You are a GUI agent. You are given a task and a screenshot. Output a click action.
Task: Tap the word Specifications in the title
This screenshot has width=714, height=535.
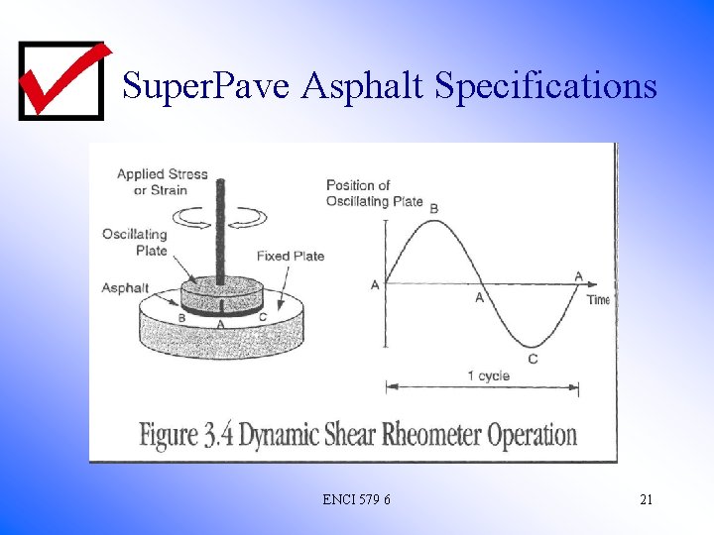(545, 87)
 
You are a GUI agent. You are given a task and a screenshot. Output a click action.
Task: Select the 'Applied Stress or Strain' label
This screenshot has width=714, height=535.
(162, 181)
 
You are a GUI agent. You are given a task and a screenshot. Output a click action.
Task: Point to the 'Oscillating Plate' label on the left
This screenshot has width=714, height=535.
(134, 242)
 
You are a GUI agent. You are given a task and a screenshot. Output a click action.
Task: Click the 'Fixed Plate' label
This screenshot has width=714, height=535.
(290, 256)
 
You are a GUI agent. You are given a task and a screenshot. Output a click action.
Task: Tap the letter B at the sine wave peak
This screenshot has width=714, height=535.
(433, 208)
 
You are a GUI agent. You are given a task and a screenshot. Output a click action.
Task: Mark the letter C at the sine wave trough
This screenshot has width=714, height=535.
(533, 358)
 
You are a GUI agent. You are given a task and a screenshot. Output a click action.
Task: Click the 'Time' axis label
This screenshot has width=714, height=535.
(598, 299)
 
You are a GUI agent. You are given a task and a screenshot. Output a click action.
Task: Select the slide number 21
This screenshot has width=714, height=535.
(646, 499)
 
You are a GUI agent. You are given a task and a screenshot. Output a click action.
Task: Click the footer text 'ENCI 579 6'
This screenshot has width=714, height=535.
(356, 499)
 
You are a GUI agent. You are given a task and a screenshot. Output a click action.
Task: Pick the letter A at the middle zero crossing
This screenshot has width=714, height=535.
(480, 297)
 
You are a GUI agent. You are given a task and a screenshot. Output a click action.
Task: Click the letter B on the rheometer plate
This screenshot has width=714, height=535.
(181, 318)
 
